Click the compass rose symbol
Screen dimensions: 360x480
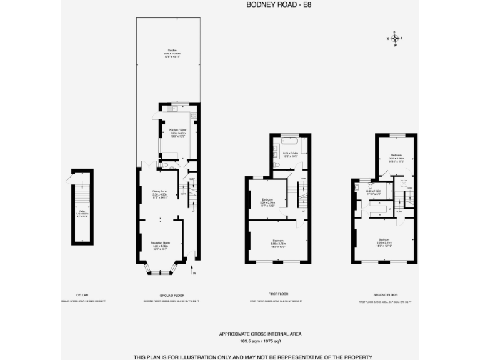395,38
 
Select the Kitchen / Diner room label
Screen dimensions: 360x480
179,131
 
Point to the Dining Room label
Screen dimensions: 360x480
161,192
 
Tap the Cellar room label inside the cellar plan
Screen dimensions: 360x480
82,212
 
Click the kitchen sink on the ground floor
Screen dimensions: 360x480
172,109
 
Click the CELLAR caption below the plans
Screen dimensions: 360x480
82,294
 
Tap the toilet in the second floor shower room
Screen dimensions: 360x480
356,186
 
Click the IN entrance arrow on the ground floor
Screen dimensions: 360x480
194,272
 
